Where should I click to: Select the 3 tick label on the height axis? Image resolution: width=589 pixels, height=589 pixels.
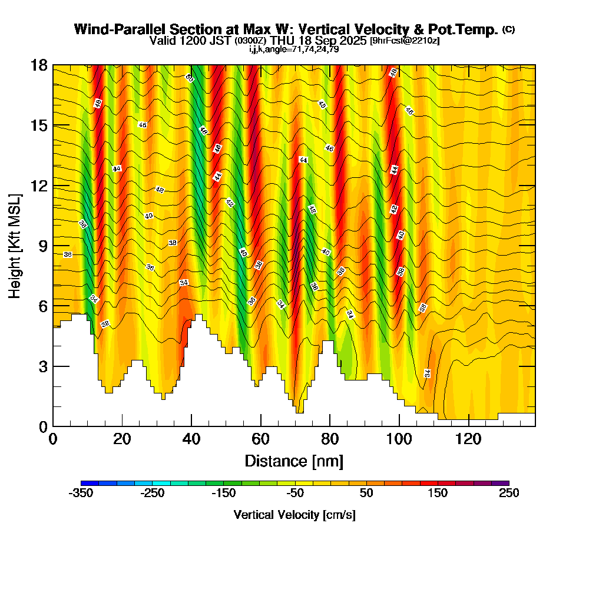point(43,366)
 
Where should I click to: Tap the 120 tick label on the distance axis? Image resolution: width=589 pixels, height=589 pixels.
point(468,439)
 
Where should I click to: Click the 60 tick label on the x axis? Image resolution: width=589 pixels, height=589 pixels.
point(260,439)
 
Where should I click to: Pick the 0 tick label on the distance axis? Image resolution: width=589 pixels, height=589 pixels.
point(53,439)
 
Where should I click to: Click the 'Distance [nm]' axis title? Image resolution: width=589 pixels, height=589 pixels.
point(293,461)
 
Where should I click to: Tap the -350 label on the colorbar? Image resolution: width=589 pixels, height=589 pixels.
point(81,494)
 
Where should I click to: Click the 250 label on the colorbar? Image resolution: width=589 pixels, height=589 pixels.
point(509,494)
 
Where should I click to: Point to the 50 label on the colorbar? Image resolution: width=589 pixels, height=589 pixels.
point(366,494)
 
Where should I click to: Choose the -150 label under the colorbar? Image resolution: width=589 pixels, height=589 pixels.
point(224,494)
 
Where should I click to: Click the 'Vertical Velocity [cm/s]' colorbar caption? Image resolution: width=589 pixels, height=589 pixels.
point(294,515)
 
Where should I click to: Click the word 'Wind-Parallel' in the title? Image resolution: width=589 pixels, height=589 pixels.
point(113,29)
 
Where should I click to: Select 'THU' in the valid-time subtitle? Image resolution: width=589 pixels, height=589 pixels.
point(283,41)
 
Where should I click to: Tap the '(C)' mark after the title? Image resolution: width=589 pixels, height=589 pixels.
point(508,29)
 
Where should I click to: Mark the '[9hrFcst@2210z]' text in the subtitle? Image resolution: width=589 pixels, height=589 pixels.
point(404,41)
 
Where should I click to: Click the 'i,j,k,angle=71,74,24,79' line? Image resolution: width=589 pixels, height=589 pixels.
point(294,49)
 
